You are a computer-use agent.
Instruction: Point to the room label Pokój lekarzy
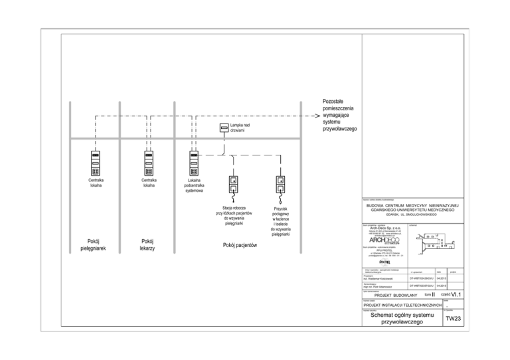[x=148, y=244]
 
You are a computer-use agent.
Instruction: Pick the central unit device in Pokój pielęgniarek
[x=95, y=162]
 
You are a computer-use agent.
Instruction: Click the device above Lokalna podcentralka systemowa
[x=195, y=162]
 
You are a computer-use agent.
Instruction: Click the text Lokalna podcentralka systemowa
[x=195, y=185]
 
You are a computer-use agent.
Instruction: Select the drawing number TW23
[x=453, y=319]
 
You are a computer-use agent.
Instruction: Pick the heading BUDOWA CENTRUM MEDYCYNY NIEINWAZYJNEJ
[x=412, y=206]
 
